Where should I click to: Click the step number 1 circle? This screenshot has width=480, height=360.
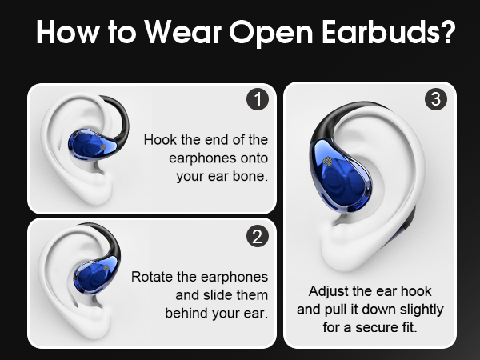(257, 100)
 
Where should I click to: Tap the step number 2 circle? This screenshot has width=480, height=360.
(257, 236)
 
